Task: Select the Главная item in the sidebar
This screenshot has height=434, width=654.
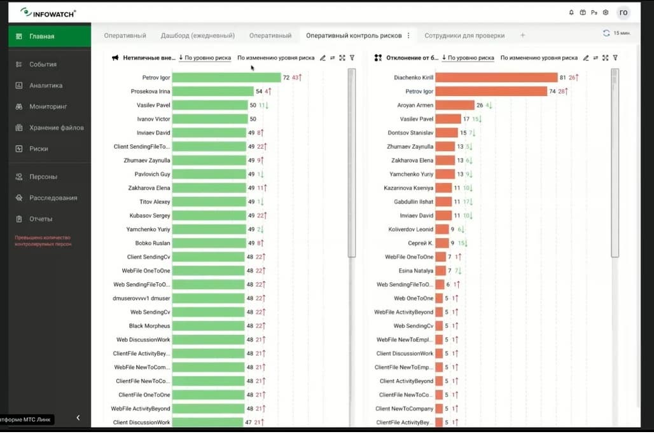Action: (41, 36)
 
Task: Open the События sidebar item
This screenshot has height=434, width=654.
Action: (43, 64)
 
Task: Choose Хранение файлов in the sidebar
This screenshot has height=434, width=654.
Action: (56, 128)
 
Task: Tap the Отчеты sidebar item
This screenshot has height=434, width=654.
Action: (41, 219)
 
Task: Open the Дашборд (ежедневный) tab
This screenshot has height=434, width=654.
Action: (198, 36)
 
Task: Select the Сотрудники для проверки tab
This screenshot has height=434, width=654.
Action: (464, 36)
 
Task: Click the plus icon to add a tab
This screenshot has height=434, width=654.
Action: (523, 36)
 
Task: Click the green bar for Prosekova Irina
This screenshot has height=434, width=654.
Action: (212, 92)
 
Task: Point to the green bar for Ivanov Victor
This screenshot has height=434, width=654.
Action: (210, 119)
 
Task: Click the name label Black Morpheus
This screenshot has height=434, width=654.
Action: (150, 326)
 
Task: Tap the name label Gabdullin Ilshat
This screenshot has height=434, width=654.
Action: (414, 201)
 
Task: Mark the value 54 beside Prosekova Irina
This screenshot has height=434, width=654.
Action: (259, 92)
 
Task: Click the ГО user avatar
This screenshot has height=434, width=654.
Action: (623, 12)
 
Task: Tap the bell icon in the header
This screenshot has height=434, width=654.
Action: (571, 12)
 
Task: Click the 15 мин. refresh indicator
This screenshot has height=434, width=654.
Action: (616, 33)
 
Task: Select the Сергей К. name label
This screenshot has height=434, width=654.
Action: (421, 243)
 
